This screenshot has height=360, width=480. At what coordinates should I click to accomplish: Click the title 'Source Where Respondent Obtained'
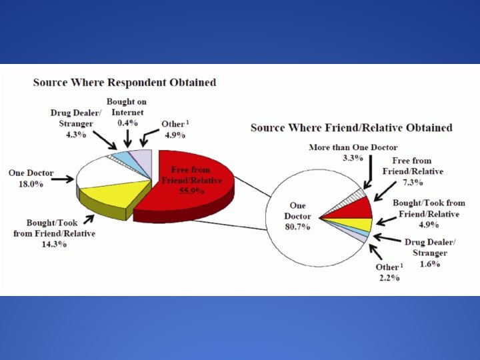tap(125, 83)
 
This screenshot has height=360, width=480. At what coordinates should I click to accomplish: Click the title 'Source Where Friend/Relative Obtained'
tap(351, 127)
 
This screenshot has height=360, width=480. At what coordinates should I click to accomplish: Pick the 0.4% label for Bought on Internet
tap(126, 123)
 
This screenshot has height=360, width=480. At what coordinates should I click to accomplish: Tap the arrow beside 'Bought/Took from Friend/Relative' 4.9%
tap(384, 222)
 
